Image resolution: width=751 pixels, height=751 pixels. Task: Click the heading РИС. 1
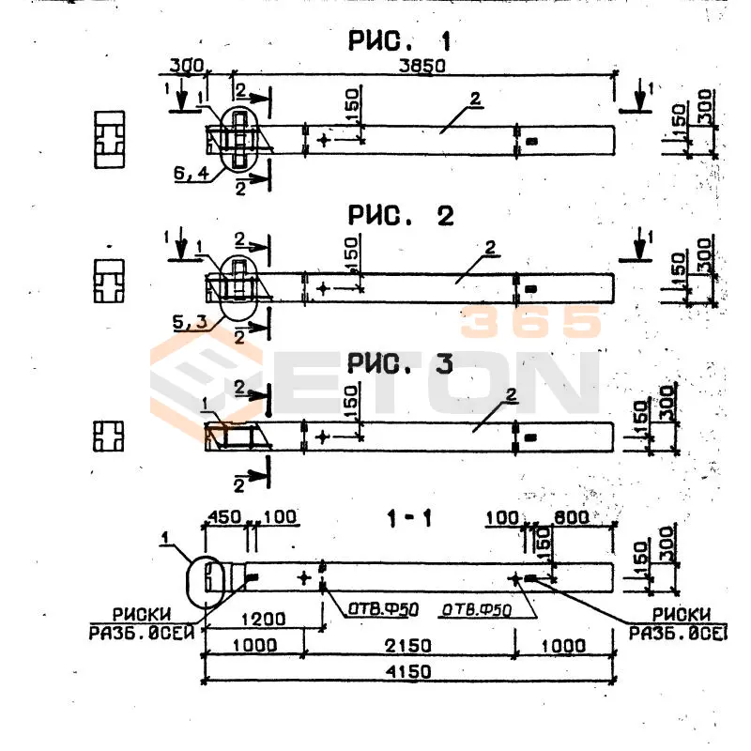pos(400,41)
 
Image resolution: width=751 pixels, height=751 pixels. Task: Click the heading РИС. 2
pos(400,216)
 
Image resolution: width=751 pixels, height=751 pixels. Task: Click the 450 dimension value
pos(223,516)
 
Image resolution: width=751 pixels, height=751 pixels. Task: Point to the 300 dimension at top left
pos(187,66)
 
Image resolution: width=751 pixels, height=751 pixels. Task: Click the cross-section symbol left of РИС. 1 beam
pos(110,140)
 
